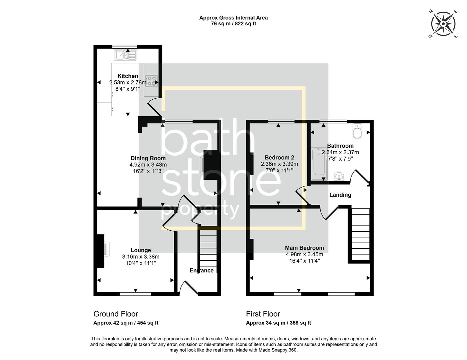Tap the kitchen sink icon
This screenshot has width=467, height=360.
[126, 55]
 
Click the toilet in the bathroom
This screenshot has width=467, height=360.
[357, 131]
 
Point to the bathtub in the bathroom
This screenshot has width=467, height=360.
[318, 163]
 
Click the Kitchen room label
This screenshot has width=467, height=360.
[128, 76]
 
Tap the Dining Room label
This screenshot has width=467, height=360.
[148, 158]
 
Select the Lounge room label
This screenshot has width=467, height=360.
[141, 250]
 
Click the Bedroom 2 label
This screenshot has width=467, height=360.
[279, 158]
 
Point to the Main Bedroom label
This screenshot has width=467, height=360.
[304, 248]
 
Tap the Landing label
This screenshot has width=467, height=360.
[340, 195]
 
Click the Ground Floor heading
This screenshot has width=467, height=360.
[115, 314]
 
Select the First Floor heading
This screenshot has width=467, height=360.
[263, 314]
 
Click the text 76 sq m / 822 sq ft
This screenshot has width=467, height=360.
[233, 24]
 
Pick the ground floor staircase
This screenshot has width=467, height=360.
[208, 250]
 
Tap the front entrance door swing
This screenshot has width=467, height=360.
[188, 288]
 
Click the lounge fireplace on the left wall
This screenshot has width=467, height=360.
[100, 251]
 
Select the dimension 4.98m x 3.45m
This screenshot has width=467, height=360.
[304, 254]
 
